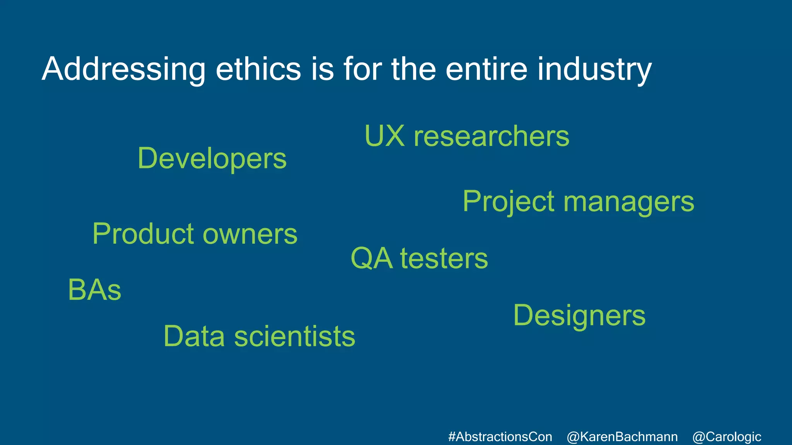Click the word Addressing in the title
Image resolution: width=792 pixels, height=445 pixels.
123,70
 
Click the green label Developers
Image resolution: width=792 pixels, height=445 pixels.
212,159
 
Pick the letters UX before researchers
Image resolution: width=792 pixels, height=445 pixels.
384,136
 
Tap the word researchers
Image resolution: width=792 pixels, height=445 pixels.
491,136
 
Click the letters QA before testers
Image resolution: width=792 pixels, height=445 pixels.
371,258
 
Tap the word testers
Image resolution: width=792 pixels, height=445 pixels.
444,258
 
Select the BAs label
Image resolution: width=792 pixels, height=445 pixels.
94,290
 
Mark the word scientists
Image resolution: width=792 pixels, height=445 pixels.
295,336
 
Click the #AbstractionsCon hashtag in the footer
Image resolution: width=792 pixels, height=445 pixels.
500,437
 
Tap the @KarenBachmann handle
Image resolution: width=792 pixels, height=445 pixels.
622,437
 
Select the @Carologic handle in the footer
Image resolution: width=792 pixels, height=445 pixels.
727,437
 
